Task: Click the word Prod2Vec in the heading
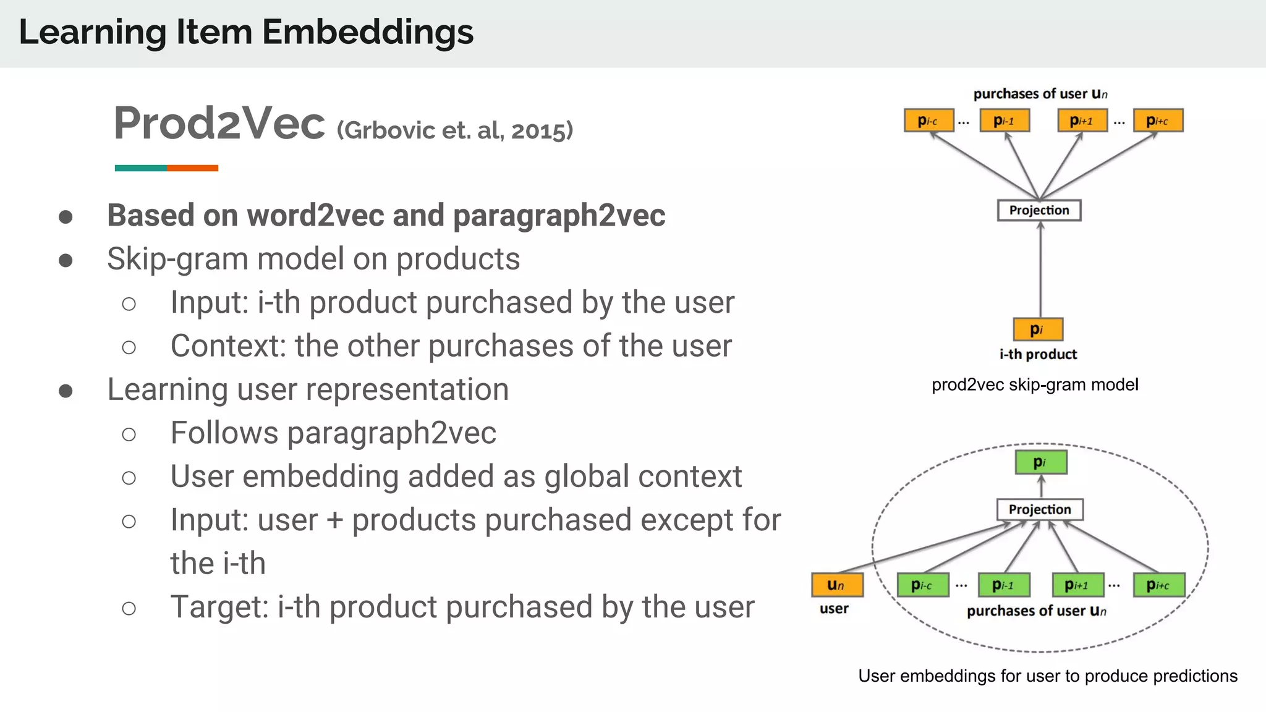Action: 219,124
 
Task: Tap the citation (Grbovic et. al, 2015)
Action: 455,130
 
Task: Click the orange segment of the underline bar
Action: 192,168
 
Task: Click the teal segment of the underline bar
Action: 140,168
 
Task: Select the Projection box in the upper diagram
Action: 1039,210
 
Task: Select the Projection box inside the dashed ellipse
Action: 1040,509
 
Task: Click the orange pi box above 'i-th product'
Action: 1038,329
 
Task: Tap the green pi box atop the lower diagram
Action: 1041,462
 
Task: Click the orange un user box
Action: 837,585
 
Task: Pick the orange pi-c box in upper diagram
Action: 928,121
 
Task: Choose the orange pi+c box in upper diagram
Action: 1158,121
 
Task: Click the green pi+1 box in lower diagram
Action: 1078,585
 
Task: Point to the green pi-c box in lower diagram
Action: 923,585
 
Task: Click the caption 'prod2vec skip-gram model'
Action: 1035,385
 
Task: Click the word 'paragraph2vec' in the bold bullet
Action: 559,216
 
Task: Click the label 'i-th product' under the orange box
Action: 1038,355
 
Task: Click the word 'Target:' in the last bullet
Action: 219,607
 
